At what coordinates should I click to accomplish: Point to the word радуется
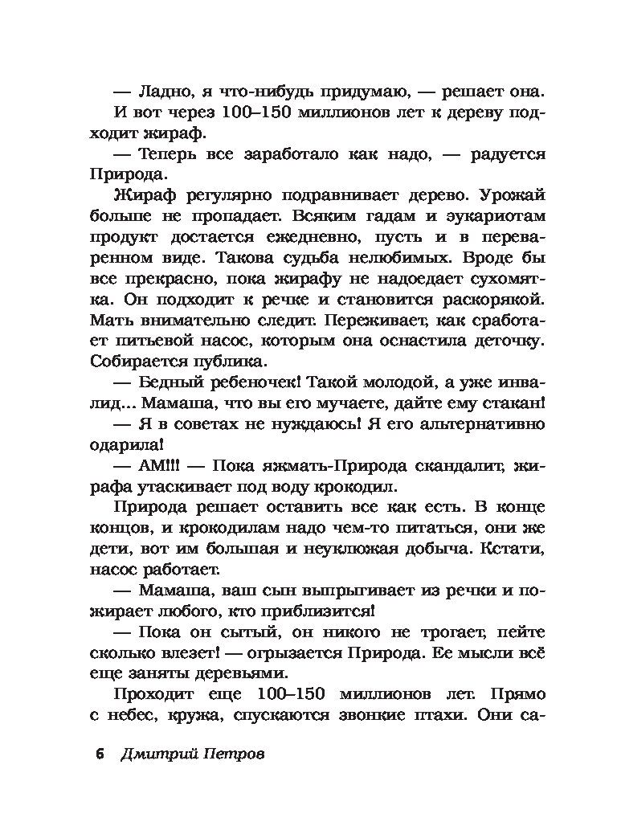pos(505,153)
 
